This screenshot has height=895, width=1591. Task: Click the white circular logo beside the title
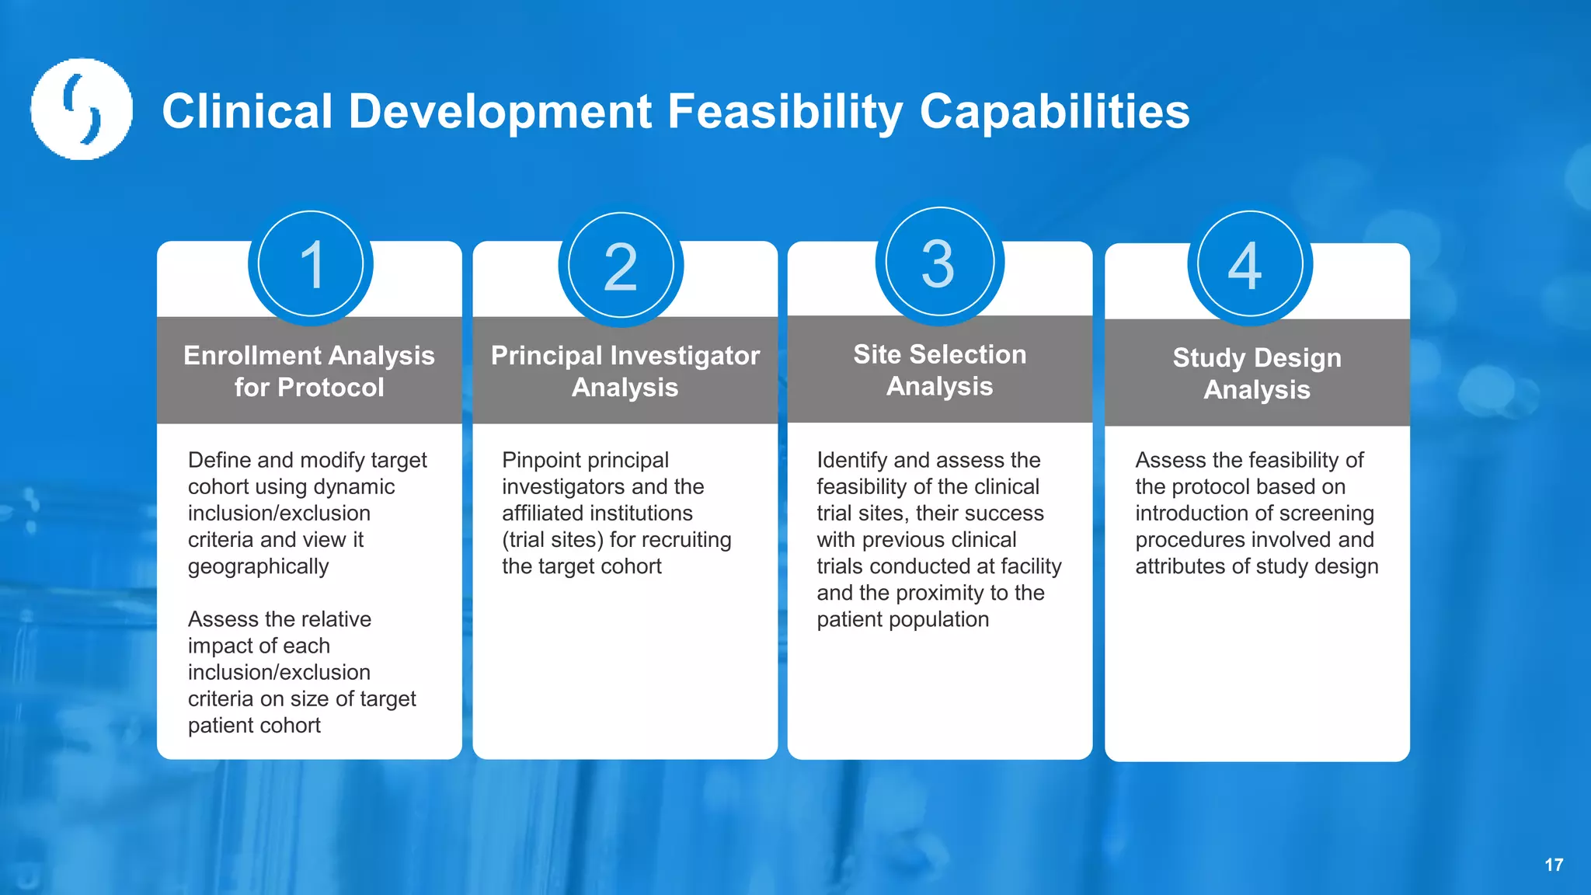coord(82,109)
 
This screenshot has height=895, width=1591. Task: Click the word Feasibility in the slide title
coord(785,111)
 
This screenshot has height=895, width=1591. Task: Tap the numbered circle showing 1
coord(311,264)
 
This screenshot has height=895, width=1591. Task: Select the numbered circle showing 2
coord(621,266)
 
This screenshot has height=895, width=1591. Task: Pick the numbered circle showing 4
coord(1250,264)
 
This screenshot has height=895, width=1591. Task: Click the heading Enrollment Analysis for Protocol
coord(309,371)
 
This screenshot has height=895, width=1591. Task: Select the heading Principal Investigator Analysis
coord(625,371)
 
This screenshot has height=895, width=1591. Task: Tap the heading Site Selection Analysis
coord(939,370)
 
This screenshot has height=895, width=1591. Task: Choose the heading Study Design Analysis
coord(1256,373)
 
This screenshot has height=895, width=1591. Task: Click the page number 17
coord(1554,865)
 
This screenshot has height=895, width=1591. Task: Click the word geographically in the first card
coord(258,566)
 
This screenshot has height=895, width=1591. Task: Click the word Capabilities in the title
coord(1054,111)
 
